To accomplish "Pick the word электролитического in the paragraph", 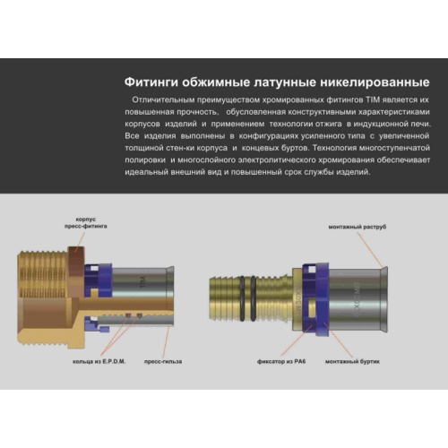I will pyautogui.click(x=260, y=159).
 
